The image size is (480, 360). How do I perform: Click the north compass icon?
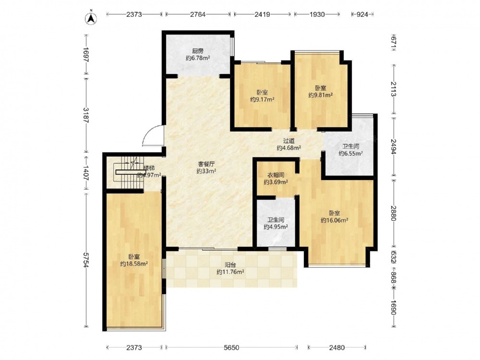(91, 18)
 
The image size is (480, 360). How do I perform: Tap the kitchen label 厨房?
(198, 51)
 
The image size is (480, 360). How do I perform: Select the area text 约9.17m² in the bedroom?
(262, 99)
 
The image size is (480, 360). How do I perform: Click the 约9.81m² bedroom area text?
(321, 95)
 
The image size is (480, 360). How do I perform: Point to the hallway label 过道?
(288, 141)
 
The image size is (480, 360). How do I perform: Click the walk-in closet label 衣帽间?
(276, 175)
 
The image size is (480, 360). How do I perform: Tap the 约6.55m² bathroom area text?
(350, 154)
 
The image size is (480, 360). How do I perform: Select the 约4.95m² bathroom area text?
(276, 227)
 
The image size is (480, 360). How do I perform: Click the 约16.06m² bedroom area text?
(334, 220)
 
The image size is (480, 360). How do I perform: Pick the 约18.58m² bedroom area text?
(134, 264)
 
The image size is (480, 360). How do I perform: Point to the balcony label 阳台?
(230, 265)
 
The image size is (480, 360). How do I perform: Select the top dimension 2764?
(198, 14)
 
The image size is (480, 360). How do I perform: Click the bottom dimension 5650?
(231, 348)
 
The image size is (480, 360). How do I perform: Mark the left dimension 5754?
(86, 260)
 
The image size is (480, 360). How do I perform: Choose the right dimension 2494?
(394, 147)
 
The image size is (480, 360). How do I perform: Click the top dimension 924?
(362, 14)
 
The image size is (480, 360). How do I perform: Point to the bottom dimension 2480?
(337, 348)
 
